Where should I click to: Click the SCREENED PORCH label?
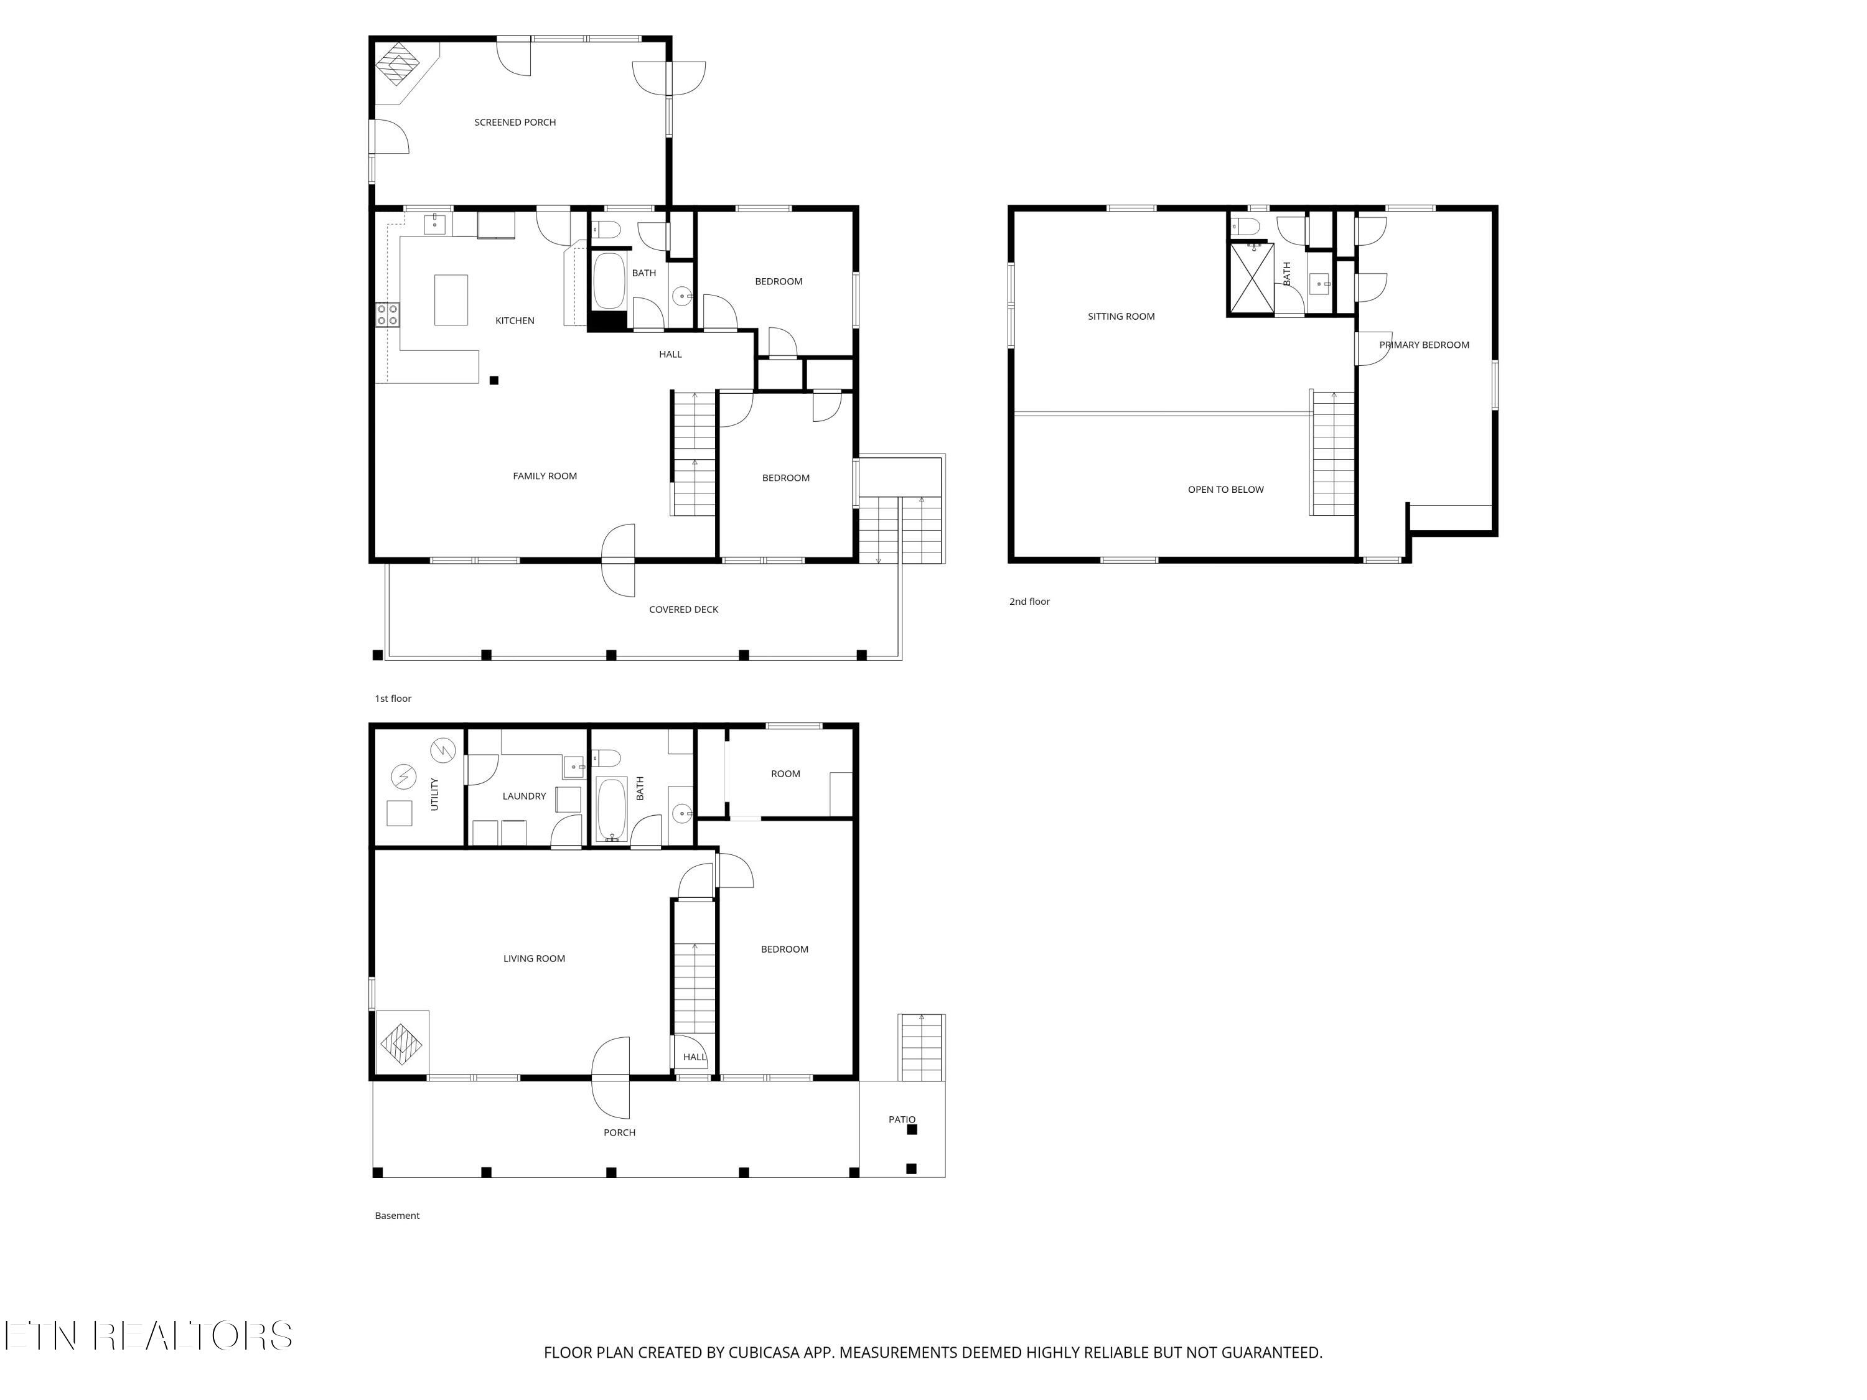[x=515, y=123]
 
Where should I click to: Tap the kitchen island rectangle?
[x=451, y=299]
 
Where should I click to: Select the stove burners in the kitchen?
[x=388, y=315]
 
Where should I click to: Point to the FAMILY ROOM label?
[x=545, y=476]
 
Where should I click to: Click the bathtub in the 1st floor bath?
[x=609, y=282]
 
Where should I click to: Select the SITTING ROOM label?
[x=1121, y=317]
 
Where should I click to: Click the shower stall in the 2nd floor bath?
[x=1251, y=278]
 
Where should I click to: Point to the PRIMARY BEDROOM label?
[x=1424, y=344]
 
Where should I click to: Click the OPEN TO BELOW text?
[x=1225, y=490]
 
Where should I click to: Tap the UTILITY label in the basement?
[x=434, y=794]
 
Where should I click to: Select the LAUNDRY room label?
[x=524, y=796]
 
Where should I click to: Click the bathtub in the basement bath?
[x=611, y=810]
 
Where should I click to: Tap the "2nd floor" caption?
[x=1030, y=602]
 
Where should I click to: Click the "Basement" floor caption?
[x=396, y=1216]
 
